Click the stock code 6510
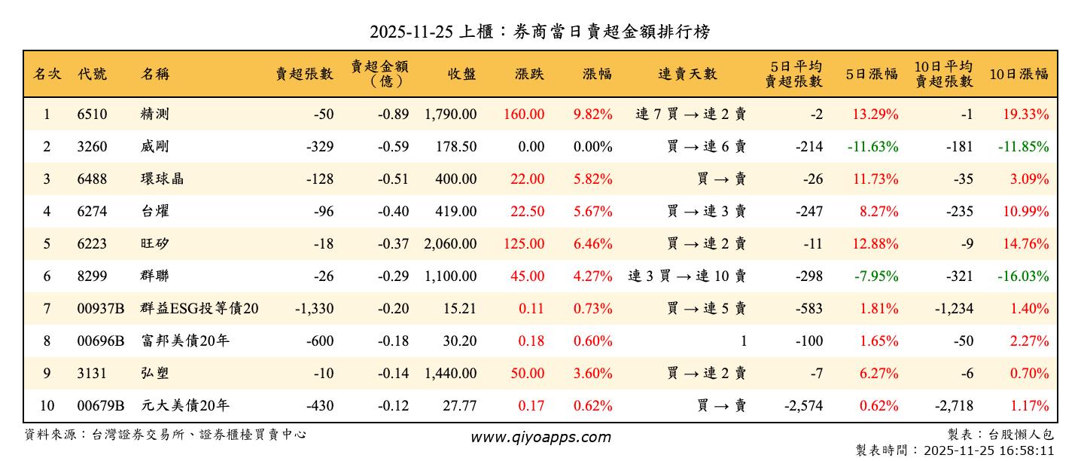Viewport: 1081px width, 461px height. coord(92,114)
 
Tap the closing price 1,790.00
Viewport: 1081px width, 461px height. coord(450,114)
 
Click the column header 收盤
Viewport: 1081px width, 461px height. coord(461,74)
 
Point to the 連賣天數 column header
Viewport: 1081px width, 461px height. coord(687,74)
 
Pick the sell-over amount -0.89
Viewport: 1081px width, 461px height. coord(393,114)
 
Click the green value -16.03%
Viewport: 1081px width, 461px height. coord(1022,276)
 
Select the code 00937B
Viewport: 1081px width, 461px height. coord(101,309)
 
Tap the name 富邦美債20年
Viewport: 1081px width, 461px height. coord(184,341)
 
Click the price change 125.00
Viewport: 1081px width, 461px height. coord(526,244)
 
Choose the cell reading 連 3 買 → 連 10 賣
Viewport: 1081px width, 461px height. coord(687,276)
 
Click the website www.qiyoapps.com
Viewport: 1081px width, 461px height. coord(540,437)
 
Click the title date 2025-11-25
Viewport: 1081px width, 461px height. coord(411,32)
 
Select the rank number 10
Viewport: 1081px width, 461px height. coord(47,406)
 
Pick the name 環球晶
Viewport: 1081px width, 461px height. coord(162,179)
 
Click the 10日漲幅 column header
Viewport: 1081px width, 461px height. coord(1019,74)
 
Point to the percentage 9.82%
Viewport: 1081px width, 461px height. coord(592,114)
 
